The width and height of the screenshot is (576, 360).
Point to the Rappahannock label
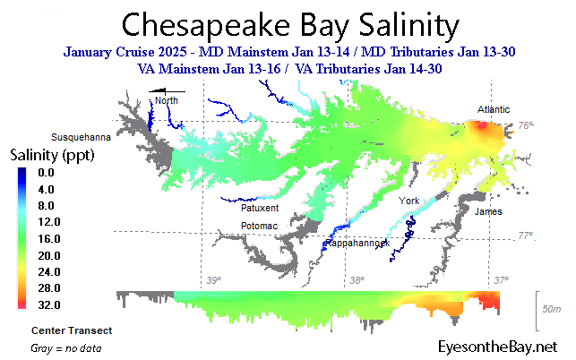click(x=357, y=244)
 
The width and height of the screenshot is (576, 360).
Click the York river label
click(x=409, y=200)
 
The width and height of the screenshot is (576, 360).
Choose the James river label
click(x=488, y=211)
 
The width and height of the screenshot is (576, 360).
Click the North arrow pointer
click(x=167, y=90)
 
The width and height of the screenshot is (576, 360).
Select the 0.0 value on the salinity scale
click(x=47, y=172)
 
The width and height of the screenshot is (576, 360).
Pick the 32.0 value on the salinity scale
click(x=47, y=304)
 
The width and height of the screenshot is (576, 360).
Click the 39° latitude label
click(x=213, y=280)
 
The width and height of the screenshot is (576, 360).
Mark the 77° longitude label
click(x=525, y=236)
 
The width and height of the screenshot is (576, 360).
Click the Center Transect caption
click(x=71, y=330)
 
